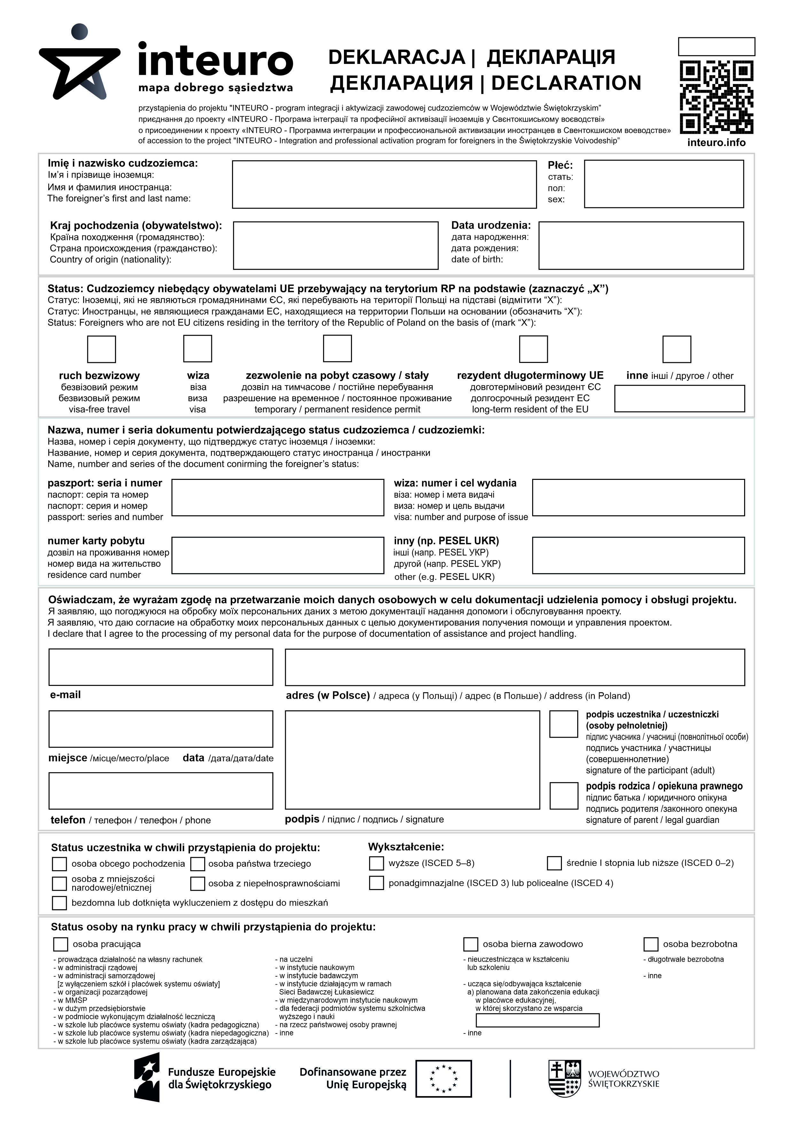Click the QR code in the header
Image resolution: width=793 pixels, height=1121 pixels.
(716, 97)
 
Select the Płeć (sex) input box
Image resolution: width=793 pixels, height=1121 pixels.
(664, 184)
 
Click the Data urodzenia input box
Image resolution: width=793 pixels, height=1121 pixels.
(641, 246)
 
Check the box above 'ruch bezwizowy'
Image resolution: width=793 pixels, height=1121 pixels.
(102, 349)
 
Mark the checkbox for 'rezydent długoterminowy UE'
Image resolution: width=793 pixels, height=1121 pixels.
(533, 349)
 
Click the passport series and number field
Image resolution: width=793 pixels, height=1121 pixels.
(277, 497)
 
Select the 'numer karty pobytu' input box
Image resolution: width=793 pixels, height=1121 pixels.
(277, 556)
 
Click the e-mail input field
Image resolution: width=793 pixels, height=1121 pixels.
(161, 667)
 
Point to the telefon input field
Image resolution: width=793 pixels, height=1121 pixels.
(161, 790)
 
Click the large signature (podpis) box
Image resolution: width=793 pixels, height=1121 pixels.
(412, 760)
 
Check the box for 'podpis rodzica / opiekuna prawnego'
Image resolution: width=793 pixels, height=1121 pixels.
(564, 796)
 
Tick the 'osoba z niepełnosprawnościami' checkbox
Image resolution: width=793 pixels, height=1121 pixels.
(198, 884)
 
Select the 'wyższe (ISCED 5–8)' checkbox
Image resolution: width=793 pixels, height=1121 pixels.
(376, 863)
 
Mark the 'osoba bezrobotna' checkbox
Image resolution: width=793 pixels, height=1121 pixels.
(651, 944)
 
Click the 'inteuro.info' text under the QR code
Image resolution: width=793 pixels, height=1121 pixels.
(716, 142)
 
